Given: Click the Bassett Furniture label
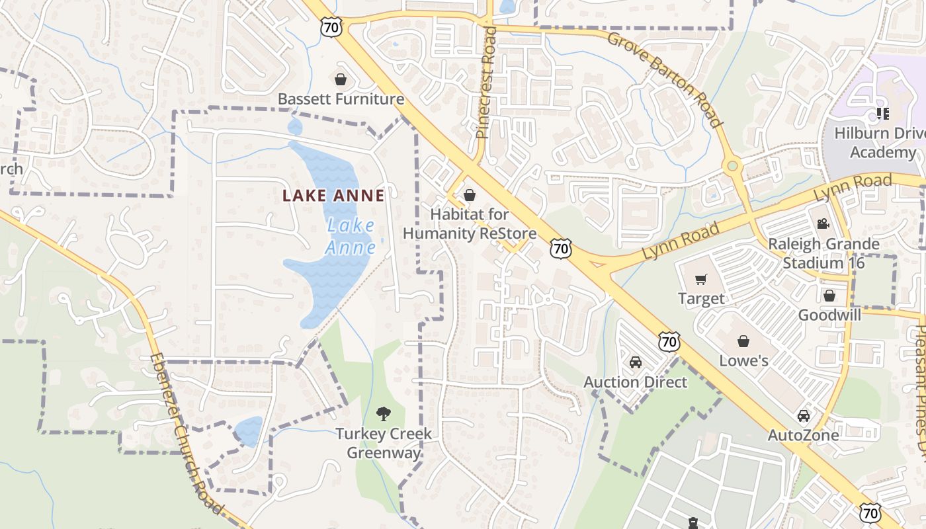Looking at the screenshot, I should click(x=341, y=99).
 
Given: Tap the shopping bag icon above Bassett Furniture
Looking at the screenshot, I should click(x=341, y=80).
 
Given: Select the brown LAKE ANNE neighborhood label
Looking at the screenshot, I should click(x=333, y=196).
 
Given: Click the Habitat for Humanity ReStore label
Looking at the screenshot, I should click(x=470, y=224).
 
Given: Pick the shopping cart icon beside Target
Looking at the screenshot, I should click(x=701, y=280).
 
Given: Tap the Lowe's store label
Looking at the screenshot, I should click(x=743, y=360).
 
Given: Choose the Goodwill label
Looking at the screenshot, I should click(x=829, y=315).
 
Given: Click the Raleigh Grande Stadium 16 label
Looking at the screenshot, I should click(x=823, y=253).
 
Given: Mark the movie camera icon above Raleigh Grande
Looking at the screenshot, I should click(x=823, y=224).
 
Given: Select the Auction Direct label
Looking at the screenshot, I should click(x=635, y=382).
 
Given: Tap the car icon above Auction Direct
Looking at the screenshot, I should click(x=635, y=362).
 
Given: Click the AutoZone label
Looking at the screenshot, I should click(x=803, y=435).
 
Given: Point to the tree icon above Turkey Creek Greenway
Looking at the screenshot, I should click(x=383, y=415).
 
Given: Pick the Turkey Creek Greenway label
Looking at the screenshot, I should click(x=383, y=443).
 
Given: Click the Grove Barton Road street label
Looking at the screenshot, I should click(x=664, y=79).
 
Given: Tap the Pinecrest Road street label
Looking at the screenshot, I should click(x=486, y=82).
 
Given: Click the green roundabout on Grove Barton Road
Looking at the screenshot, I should click(x=732, y=166).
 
